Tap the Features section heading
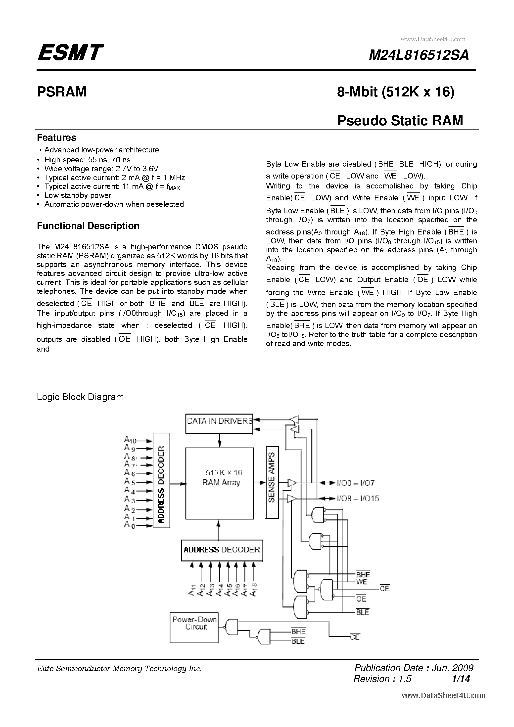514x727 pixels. pyautogui.click(x=56, y=138)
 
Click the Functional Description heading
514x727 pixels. pyautogui.click(x=88, y=226)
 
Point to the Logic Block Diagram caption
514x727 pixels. pyautogui.click(x=80, y=397)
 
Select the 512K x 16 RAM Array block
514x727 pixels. pyautogui.click(x=219, y=483)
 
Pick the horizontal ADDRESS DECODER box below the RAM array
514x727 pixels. pyautogui.click(x=222, y=550)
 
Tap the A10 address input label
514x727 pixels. pyautogui.click(x=130, y=440)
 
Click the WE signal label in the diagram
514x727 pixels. pyautogui.click(x=361, y=582)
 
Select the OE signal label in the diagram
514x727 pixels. pyautogui.click(x=361, y=598)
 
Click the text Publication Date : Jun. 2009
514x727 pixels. pyautogui.click(x=414, y=668)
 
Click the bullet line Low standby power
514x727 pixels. pyautogui.click(x=78, y=195)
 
